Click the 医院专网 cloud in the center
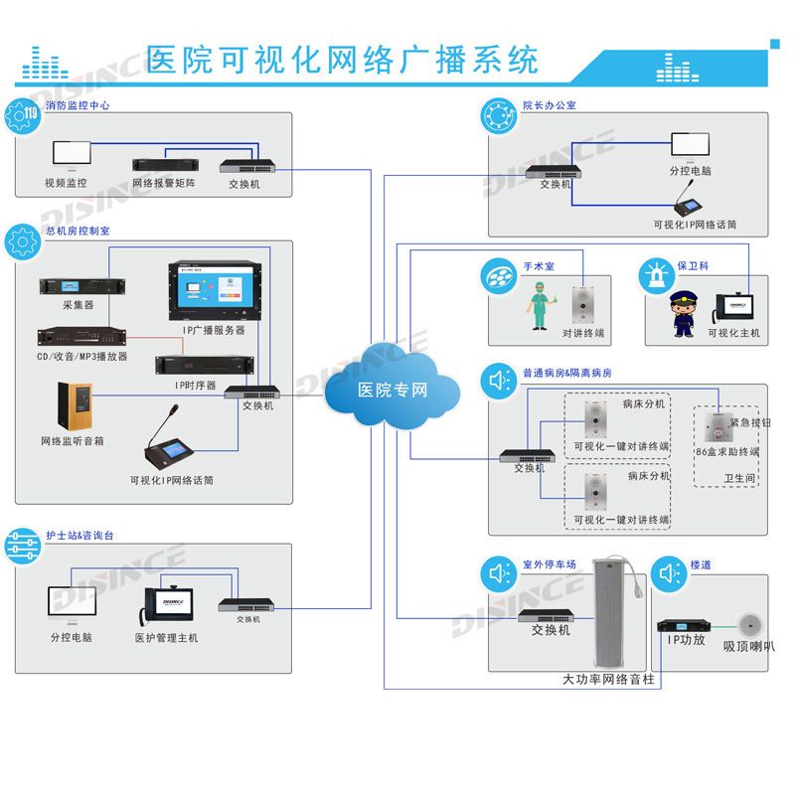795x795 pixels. tap(393, 388)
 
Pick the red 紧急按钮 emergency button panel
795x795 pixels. tap(715, 429)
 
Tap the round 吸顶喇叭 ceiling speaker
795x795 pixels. tap(749, 626)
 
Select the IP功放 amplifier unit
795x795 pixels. tap(683, 625)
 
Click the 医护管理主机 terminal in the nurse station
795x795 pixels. tap(166, 604)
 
